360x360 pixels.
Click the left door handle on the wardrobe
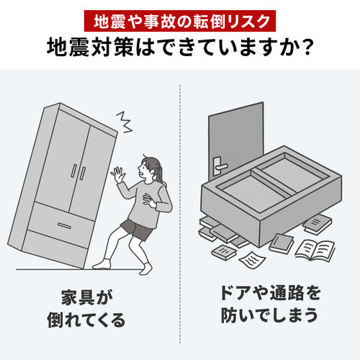(73, 170)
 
